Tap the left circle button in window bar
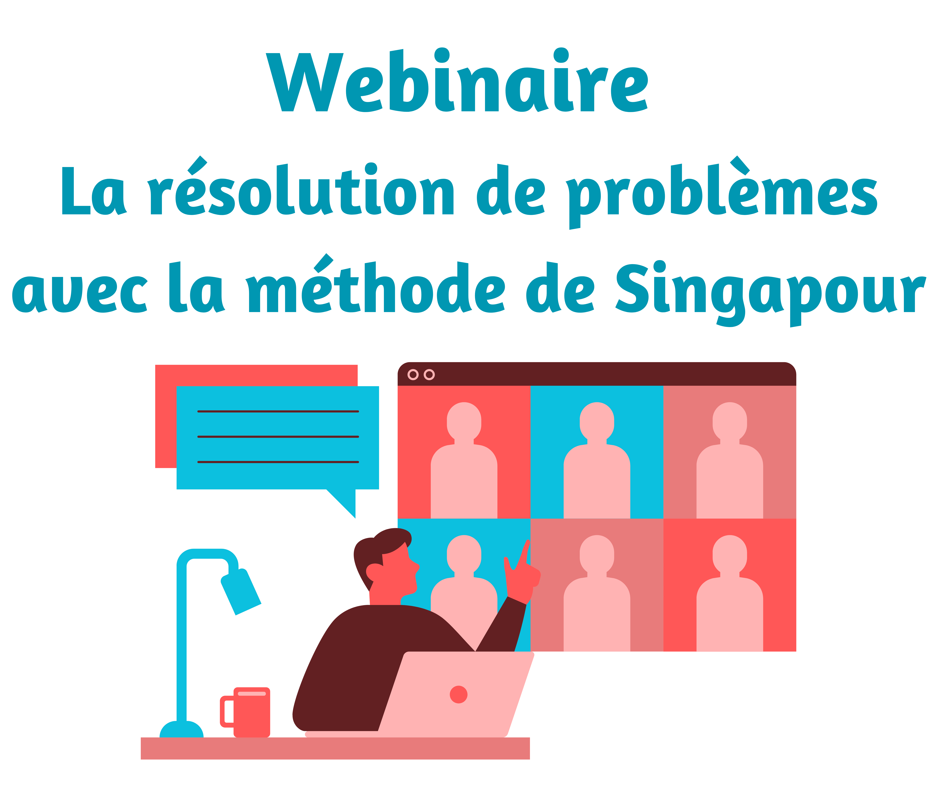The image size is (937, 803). [x=413, y=374]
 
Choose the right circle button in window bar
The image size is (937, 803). [x=429, y=374]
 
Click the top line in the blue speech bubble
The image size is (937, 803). [x=278, y=411]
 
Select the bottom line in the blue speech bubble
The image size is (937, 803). [x=278, y=462]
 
